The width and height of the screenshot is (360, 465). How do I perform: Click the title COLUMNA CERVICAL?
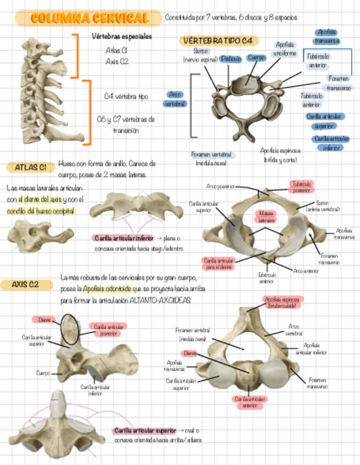coord(89,19)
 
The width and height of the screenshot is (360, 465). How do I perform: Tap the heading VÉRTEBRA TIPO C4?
coord(218,41)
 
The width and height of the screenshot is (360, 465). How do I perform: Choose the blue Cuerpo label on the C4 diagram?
coord(256,57)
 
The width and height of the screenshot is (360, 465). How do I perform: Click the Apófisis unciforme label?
coord(285,49)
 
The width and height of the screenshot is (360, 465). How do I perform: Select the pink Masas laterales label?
coord(267,216)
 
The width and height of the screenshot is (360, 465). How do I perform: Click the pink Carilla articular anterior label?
coord(248,402)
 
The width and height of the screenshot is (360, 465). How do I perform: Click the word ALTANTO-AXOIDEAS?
coord(161,301)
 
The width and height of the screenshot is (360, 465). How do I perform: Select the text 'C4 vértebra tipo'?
coord(126,96)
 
